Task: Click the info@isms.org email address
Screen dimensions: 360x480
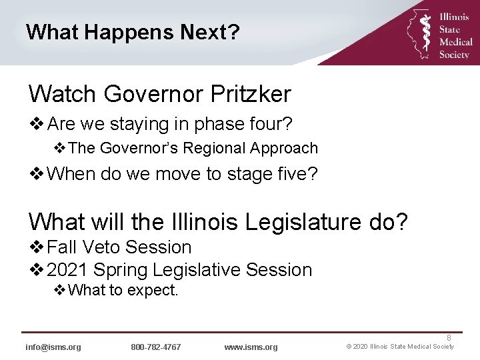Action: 53,347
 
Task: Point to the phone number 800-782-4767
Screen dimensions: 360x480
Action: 156,347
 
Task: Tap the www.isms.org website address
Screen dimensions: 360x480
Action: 251,347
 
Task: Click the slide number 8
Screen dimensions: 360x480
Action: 449,338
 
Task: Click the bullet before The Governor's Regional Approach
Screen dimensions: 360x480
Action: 60,148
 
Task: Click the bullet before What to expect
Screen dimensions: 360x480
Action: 60,290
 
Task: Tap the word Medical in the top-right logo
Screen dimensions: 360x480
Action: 455,43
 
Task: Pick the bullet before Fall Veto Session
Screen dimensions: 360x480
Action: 37,247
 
